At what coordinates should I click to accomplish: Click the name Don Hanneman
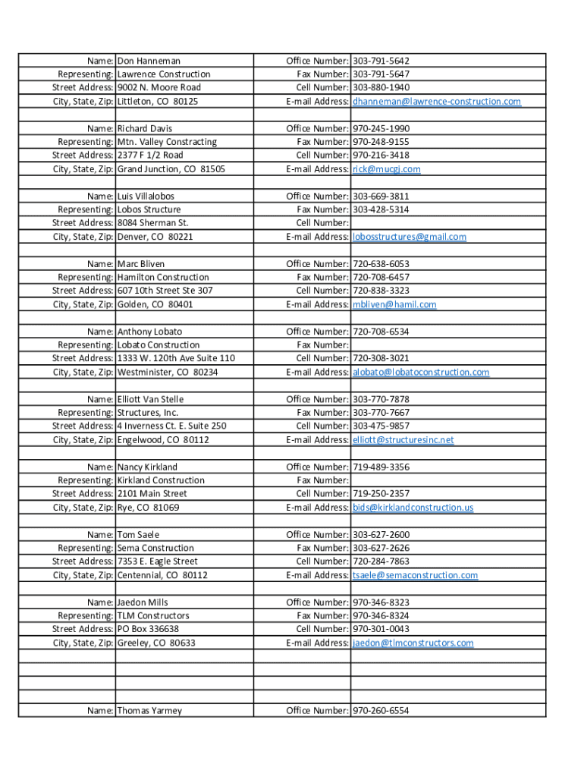tap(149, 61)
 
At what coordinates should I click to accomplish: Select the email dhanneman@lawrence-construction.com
tap(437, 102)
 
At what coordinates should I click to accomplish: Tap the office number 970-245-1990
tap(381, 129)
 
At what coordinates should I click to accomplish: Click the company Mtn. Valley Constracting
tap(167, 142)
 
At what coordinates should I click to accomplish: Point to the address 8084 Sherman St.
tap(152, 223)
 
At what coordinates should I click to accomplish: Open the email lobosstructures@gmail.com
tap(410, 237)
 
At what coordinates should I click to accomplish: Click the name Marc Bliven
tap(141, 264)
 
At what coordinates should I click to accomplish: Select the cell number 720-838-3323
tap(381, 291)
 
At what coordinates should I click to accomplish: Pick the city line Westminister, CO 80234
tap(168, 373)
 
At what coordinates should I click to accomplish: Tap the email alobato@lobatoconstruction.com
tap(421, 373)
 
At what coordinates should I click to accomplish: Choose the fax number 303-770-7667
tap(381, 413)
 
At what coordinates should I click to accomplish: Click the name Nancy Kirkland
tap(147, 467)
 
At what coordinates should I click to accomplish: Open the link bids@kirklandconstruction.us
tap(413, 508)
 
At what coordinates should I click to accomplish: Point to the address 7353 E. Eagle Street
tap(157, 562)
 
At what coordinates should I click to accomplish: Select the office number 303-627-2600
tap(381, 535)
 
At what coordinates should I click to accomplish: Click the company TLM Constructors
tap(153, 616)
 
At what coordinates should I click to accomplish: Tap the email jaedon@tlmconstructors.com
tap(413, 643)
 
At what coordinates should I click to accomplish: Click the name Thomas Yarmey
tap(149, 711)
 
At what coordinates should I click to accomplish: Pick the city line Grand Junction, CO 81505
tap(171, 169)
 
